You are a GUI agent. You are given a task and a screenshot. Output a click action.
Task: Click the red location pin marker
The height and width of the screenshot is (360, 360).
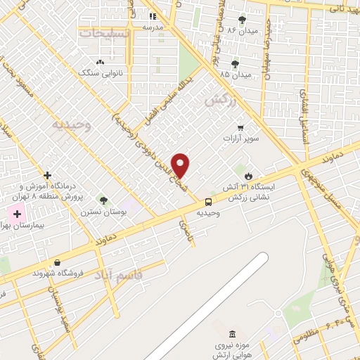pyautogui.click(x=181, y=165)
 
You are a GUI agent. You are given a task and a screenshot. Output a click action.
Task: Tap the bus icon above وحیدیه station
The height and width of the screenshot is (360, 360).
pyautogui.click(x=207, y=202)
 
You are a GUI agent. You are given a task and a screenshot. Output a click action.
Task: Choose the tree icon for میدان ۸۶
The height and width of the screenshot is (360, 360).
pyautogui.click(x=243, y=19)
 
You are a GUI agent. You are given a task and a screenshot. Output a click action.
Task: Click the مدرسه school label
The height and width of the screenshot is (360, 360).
pyautogui.click(x=153, y=27)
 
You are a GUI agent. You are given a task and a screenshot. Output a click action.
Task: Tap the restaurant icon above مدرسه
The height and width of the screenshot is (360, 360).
pyautogui.click(x=153, y=16)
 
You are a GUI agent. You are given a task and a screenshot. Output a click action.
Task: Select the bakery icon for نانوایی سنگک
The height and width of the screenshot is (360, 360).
pyautogui.click(x=100, y=62)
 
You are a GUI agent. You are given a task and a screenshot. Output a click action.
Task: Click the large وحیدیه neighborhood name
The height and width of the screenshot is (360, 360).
pyautogui.click(x=72, y=124)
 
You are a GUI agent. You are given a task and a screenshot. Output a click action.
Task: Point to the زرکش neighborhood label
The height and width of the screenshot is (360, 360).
pyautogui.click(x=218, y=101)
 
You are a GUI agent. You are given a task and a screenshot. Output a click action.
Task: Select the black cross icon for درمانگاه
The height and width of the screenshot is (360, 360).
pyautogui.click(x=47, y=175)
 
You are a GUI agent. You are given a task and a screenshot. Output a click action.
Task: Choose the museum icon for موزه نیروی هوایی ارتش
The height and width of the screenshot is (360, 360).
pyautogui.click(x=233, y=333)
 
